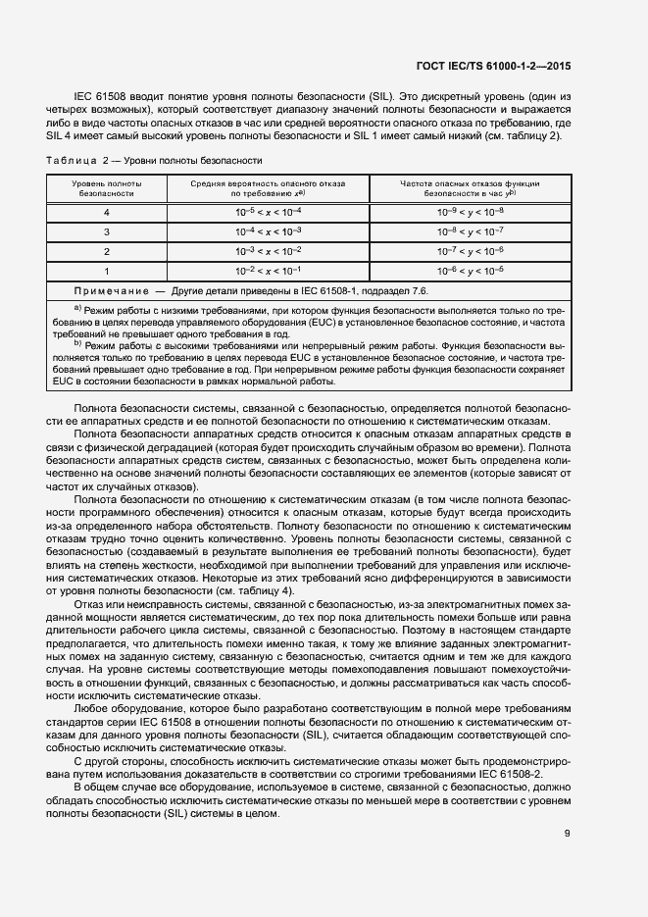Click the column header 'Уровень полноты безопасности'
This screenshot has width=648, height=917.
tap(107, 189)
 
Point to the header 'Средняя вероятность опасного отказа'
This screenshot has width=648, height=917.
tap(268, 183)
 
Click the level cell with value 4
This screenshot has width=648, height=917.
tap(107, 212)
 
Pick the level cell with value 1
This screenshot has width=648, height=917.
tap(107, 270)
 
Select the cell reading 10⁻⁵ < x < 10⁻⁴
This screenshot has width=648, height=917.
tap(268, 212)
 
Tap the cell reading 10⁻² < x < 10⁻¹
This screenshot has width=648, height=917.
tap(268, 270)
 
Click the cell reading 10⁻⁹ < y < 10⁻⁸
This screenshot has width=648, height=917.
tap(470, 212)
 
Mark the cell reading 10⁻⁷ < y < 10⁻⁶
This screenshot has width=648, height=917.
tap(470, 251)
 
